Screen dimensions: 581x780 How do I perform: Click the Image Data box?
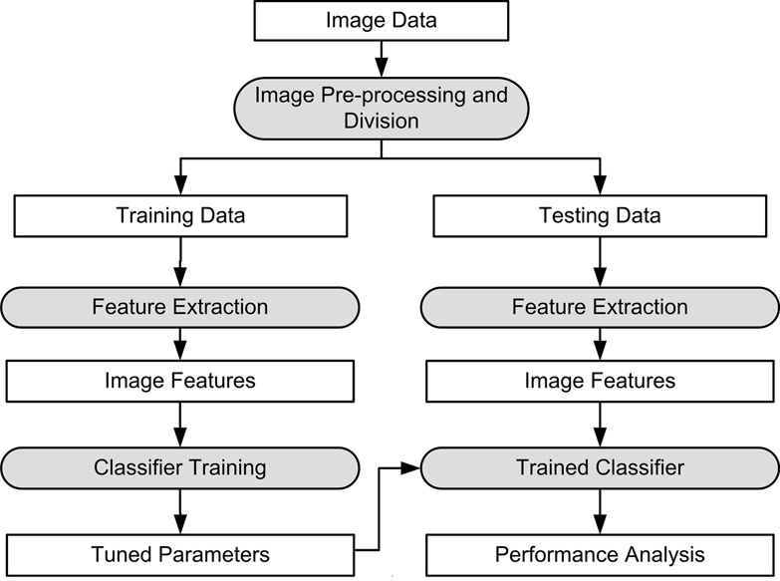point(381,20)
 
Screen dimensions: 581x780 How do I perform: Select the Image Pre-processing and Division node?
point(381,108)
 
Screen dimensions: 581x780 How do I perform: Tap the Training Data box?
point(180,215)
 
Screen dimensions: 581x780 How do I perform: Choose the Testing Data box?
point(599,215)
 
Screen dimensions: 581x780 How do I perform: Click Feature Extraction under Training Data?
point(180,306)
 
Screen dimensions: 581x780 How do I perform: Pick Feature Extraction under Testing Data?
point(599,306)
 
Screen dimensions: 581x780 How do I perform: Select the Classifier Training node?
point(180,466)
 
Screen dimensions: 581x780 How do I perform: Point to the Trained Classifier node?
point(599,466)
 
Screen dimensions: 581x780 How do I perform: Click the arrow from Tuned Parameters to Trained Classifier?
point(380,508)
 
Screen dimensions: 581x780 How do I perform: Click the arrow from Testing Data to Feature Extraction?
point(599,261)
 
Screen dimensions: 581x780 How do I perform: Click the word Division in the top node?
point(381,121)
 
